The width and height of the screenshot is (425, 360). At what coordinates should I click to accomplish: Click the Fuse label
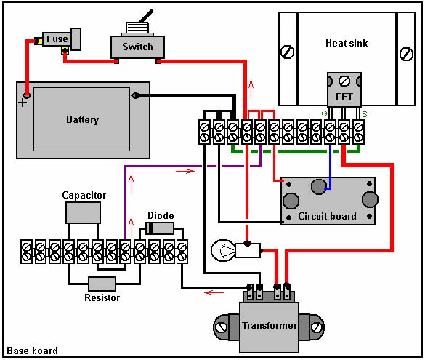pyautogui.click(x=57, y=39)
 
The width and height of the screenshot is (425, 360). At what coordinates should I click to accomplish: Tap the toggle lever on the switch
pyautogui.click(x=146, y=16)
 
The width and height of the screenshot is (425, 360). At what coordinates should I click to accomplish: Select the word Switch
pyautogui.click(x=137, y=47)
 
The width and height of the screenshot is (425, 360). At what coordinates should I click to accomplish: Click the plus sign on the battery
pyautogui.click(x=23, y=103)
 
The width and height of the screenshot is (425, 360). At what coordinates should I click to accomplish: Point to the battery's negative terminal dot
pyautogui.click(x=135, y=95)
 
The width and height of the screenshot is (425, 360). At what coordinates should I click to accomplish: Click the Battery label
pyautogui.click(x=82, y=120)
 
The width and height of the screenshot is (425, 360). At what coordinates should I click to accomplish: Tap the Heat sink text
pyautogui.click(x=347, y=43)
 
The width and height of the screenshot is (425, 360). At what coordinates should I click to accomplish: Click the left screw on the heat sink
pyautogui.click(x=288, y=52)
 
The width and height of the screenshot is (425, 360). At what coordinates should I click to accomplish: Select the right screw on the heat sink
pyautogui.click(x=406, y=54)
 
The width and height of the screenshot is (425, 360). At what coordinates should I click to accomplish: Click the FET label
pyautogui.click(x=344, y=97)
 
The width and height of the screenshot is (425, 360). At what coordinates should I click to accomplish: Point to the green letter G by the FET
pyautogui.click(x=324, y=113)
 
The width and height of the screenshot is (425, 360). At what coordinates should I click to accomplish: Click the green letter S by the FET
pyautogui.click(x=365, y=114)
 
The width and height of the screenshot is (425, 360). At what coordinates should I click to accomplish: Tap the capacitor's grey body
pyautogui.click(x=84, y=212)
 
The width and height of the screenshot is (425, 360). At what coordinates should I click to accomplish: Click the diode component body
pyautogui.click(x=160, y=228)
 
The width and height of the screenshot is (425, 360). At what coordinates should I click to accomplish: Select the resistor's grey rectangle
pyautogui.click(x=102, y=284)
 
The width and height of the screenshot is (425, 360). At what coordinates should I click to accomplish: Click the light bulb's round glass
pyautogui.click(x=224, y=250)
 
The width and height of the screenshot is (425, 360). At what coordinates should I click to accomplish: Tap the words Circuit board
pyautogui.click(x=327, y=216)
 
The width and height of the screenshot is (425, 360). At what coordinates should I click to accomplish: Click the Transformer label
pyautogui.click(x=270, y=325)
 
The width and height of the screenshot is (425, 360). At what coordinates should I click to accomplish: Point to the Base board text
pyautogui.click(x=32, y=351)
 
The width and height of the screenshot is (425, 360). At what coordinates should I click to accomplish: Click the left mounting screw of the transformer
pyautogui.click(x=221, y=327)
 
